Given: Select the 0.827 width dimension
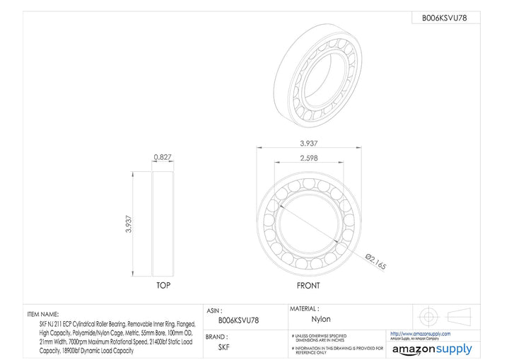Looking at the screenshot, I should click(x=163, y=157).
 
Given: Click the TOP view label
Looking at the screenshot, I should click(x=163, y=286).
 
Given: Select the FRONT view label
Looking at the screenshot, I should click(x=308, y=286).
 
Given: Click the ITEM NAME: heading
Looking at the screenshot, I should click(x=43, y=313).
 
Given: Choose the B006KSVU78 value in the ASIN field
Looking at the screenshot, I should click(x=238, y=320).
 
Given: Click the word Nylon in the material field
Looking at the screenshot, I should click(x=321, y=320).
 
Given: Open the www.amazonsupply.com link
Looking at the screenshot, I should click(x=420, y=333).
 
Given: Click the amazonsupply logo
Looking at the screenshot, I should click(x=431, y=349).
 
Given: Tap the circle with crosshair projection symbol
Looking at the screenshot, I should click(x=426, y=315).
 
